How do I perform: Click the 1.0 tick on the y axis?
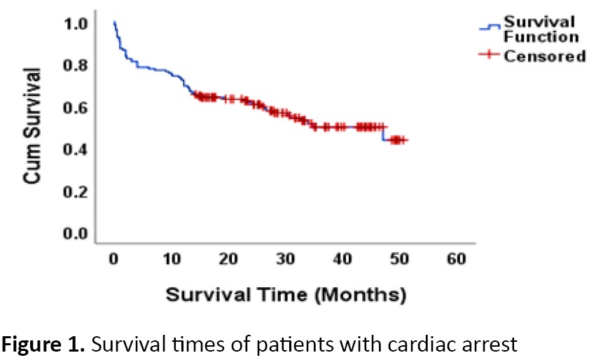pyautogui.click(x=76, y=25)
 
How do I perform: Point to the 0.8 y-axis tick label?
pyautogui.click(x=76, y=66)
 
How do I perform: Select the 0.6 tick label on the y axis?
pyautogui.click(x=76, y=108)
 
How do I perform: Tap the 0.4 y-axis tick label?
pyautogui.click(x=76, y=149)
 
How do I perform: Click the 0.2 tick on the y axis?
pyautogui.click(x=76, y=191)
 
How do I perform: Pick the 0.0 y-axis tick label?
pyautogui.click(x=76, y=233)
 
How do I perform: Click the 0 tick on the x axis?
pyautogui.click(x=113, y=259)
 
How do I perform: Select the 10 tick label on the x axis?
pyautogui.click(x=170, y=259)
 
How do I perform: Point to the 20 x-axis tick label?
pyautogui.click(x=228, y=259)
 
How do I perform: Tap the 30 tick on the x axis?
pyautogui.click(x=285, y=259)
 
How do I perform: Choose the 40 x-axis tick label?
pyautogui.click(x=342, y=259)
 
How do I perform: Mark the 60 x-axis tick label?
pyautogui.click(x=456, y=259)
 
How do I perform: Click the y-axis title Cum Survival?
pyautogui.click(x=31, y=127)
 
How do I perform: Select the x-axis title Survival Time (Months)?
pyautogui.click(x=286, y=294)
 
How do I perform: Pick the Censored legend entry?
pyautogui.click(x=545, y=56)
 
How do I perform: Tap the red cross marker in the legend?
pyautogui.click(x=491, y=56)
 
